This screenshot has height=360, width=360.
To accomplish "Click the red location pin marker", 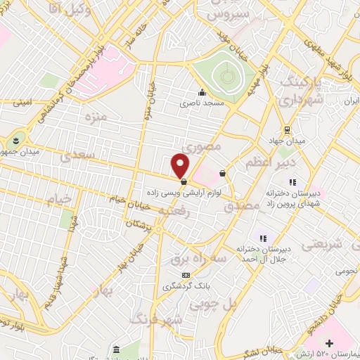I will [181, 165].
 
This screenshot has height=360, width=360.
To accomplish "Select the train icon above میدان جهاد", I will [287, 129].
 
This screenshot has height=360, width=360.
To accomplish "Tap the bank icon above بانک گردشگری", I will [185, 275].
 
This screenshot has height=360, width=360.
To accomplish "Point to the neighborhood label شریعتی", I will [322, 245].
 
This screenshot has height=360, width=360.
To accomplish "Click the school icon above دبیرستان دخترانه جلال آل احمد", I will [264, 238].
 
